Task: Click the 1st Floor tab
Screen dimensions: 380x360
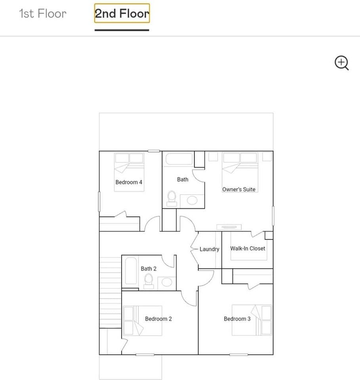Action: point(43,13)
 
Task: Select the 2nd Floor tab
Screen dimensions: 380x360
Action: point(122,14)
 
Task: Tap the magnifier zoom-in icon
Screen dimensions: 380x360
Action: point(341,63)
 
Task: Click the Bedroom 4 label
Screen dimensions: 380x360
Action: point(129,182)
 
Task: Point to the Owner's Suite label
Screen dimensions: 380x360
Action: point(239,189)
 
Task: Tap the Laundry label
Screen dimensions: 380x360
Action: point(209,249)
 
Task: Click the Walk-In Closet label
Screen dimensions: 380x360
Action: point(248,249)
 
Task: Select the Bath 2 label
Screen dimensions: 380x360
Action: point(149,269)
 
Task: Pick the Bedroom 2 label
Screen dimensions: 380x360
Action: point(158,319)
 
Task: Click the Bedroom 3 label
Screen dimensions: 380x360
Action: point(237,319)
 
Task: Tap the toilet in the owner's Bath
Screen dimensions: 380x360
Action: point(172,198)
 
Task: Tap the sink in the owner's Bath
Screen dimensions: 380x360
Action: point(192,200)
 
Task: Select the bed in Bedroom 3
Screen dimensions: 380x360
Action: point(251,320)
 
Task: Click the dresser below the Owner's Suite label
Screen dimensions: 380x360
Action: point(229,227)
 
